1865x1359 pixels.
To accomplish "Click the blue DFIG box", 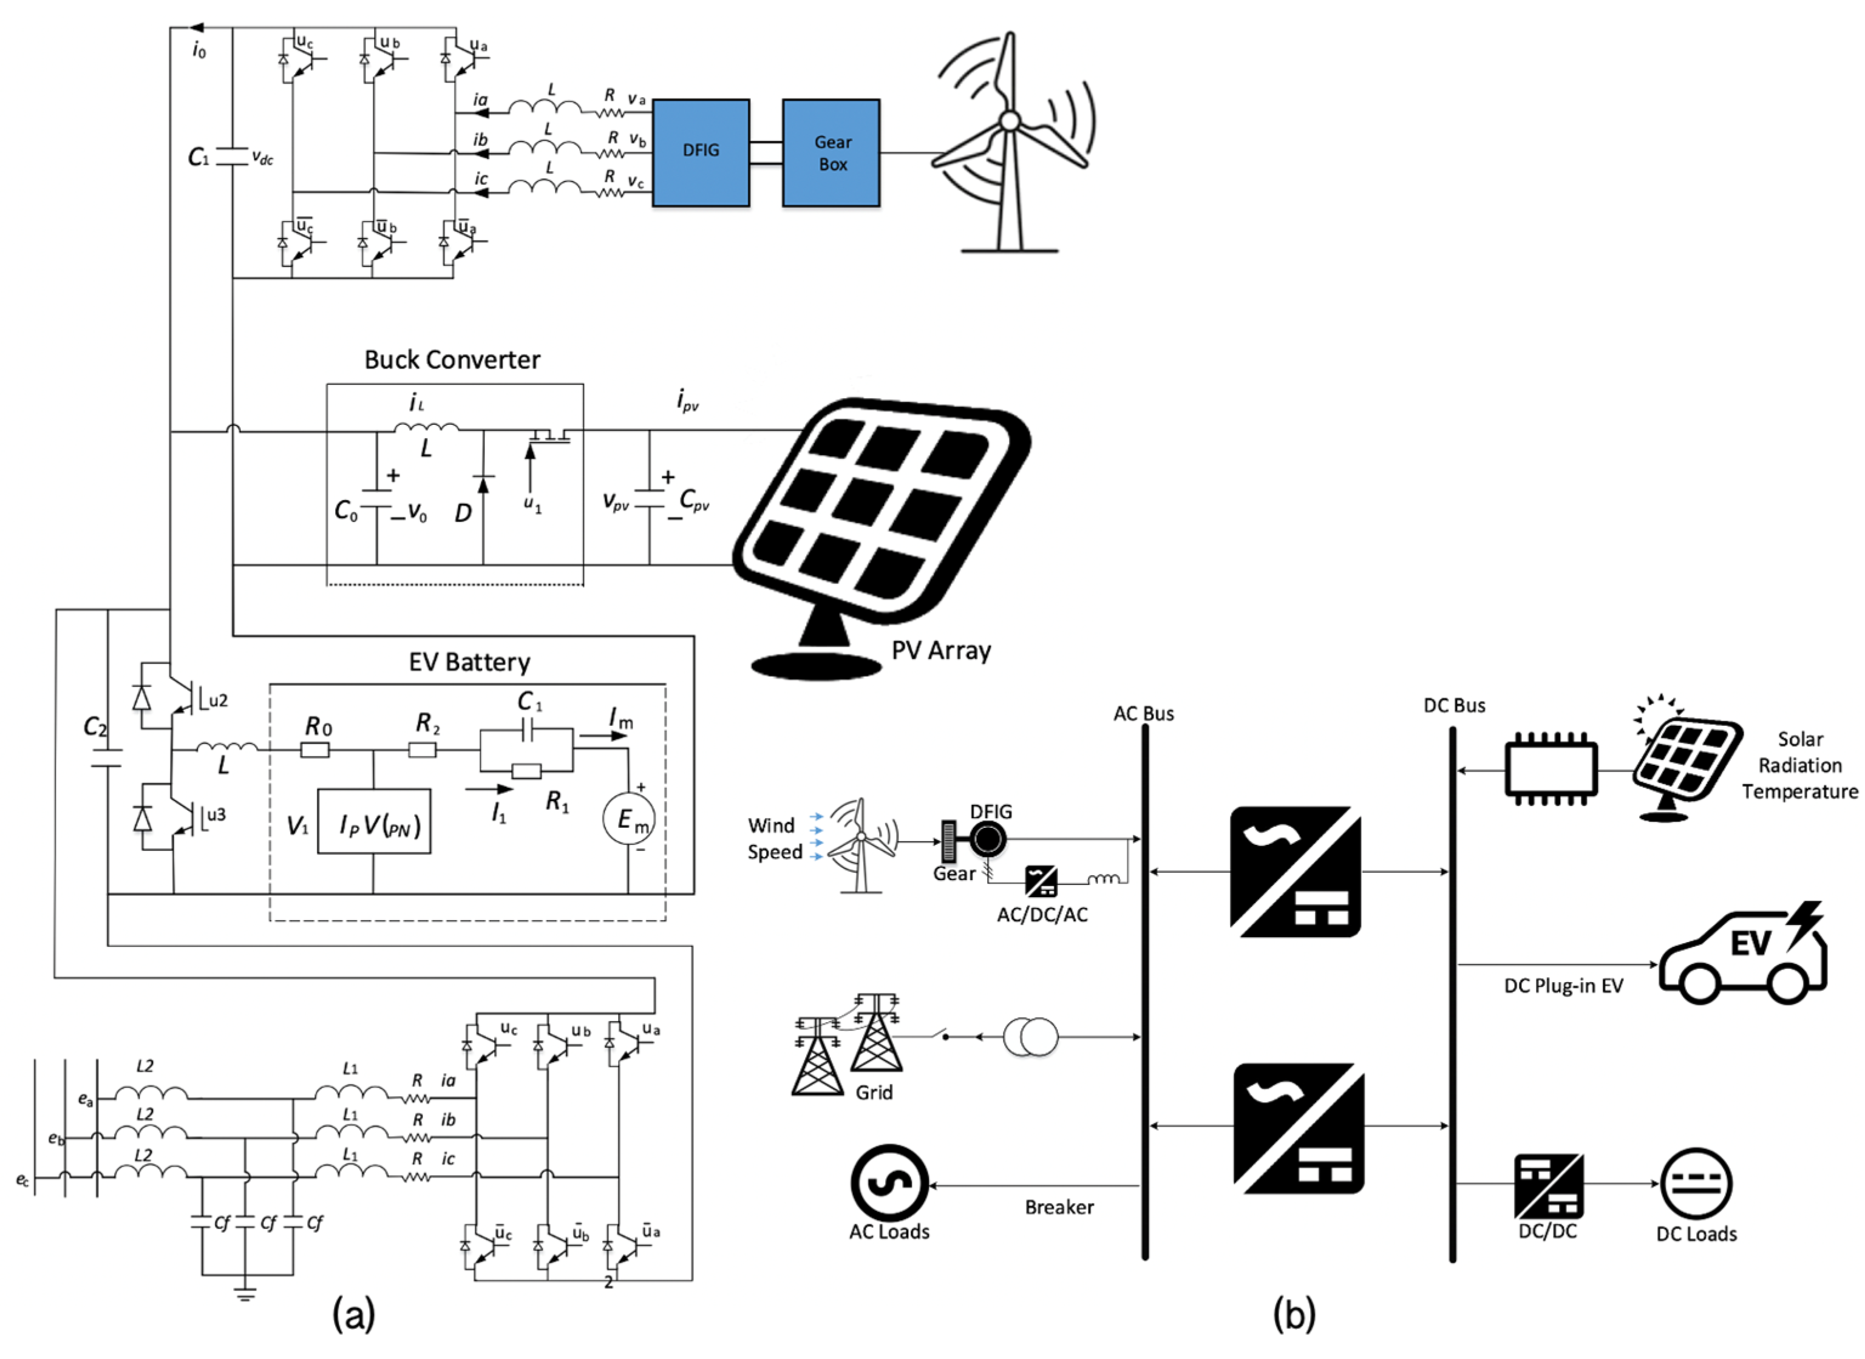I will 701,152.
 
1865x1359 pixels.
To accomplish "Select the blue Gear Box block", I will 831,152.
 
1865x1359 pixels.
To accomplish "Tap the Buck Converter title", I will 452,359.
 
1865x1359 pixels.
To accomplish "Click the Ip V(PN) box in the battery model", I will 375,821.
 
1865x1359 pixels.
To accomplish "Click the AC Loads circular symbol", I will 889,1183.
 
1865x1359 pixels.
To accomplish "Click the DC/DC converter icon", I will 1548,1186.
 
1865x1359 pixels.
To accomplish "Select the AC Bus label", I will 1144,713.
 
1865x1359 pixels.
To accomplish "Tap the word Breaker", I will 1059,1207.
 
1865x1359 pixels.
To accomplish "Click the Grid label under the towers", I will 873,1093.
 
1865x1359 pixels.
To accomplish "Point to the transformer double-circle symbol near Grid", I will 1030,1037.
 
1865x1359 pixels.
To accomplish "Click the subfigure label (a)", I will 354,1313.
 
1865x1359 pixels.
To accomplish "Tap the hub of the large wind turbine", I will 1010,122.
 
